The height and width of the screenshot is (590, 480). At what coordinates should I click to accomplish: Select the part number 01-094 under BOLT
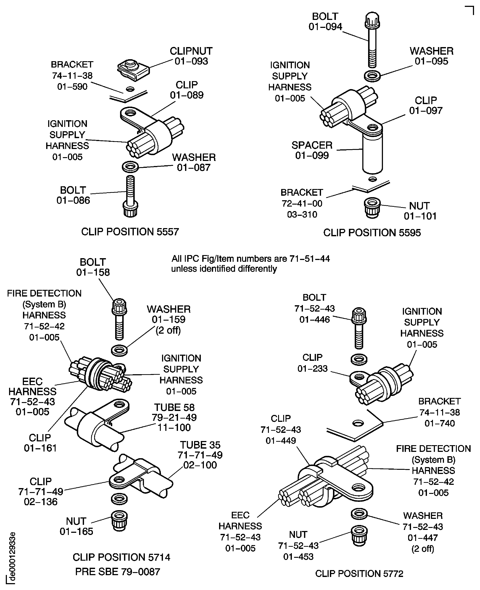325,27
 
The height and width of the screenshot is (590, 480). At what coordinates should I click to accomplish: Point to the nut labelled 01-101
372,208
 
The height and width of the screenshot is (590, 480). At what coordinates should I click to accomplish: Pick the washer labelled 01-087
130,167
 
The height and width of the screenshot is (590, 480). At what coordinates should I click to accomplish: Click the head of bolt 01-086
130,210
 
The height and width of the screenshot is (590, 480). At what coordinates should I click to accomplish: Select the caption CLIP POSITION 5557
130,232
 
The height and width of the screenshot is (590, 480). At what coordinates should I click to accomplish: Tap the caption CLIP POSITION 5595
372,233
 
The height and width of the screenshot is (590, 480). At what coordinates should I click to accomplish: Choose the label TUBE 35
200,445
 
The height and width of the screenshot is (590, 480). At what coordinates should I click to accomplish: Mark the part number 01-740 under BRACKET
439,423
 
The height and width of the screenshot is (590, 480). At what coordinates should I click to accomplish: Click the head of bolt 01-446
359,316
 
